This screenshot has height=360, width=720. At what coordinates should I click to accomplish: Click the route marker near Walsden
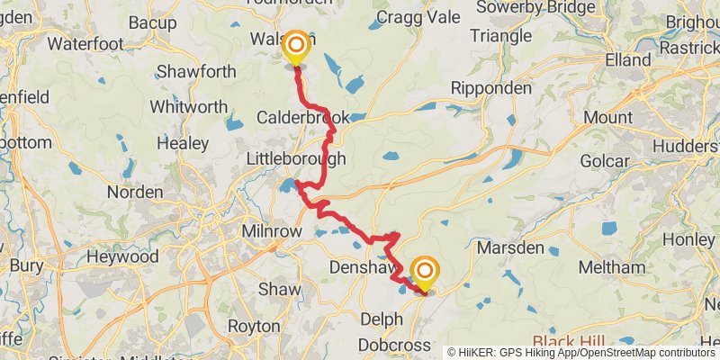coord(294,45)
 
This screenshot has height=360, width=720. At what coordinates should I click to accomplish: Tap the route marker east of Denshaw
coord(425,272)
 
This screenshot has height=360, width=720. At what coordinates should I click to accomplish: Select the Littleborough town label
coord(296,158)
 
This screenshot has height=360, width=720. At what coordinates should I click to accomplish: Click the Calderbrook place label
coord(302,118)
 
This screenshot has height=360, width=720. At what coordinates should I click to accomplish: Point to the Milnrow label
coord(271,231)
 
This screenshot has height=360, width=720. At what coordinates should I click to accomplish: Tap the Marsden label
coord(510,247)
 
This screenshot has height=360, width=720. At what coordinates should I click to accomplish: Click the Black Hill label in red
coord(570,342)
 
